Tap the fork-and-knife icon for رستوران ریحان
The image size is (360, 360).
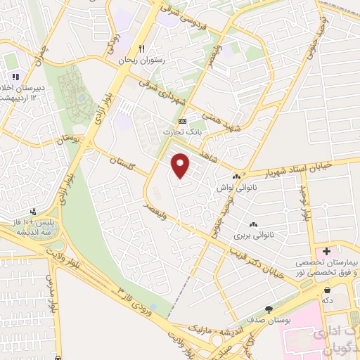(142, 49)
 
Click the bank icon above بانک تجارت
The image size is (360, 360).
(183, 122)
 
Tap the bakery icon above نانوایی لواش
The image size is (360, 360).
(236, 178)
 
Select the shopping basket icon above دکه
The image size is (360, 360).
(327, 290)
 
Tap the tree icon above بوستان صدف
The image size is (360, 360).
(269, 309)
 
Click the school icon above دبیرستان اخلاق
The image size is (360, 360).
(15, 77)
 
